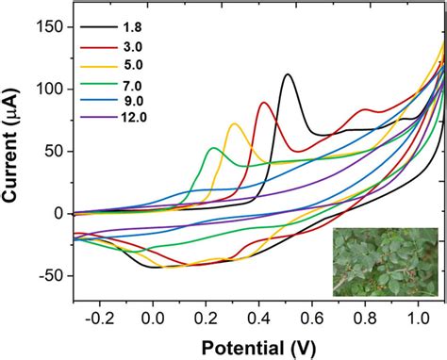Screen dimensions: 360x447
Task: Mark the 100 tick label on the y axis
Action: point(48,90)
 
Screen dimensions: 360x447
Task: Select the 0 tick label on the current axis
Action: point(58,213)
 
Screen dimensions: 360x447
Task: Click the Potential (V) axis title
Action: point(259,346)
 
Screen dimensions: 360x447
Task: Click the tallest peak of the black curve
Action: point(288,74)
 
